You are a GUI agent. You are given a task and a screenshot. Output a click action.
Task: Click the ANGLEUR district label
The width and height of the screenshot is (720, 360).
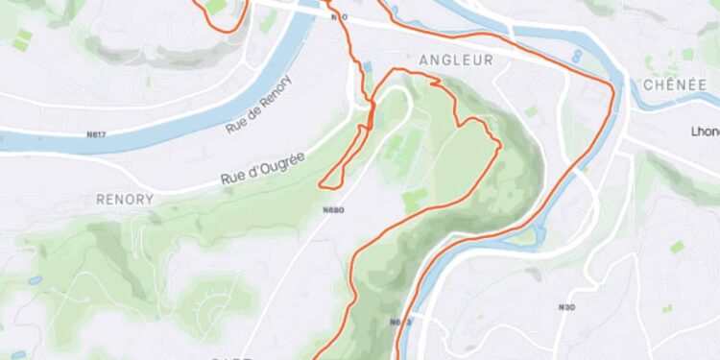coord(456,60)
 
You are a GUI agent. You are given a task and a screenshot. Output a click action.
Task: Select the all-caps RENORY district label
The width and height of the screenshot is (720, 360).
coord(125,199)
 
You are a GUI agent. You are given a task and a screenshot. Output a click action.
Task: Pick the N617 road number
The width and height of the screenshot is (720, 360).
coord(96,134)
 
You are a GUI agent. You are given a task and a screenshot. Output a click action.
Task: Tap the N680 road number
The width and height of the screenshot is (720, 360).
coord(333,209)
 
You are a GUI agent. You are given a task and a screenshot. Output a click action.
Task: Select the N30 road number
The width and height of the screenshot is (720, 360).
coord(567,307)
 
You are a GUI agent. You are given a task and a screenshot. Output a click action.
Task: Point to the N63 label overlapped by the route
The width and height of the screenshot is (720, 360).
coord(400,322)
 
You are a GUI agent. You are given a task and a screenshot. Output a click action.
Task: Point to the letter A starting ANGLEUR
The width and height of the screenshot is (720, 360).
coord(424,60)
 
